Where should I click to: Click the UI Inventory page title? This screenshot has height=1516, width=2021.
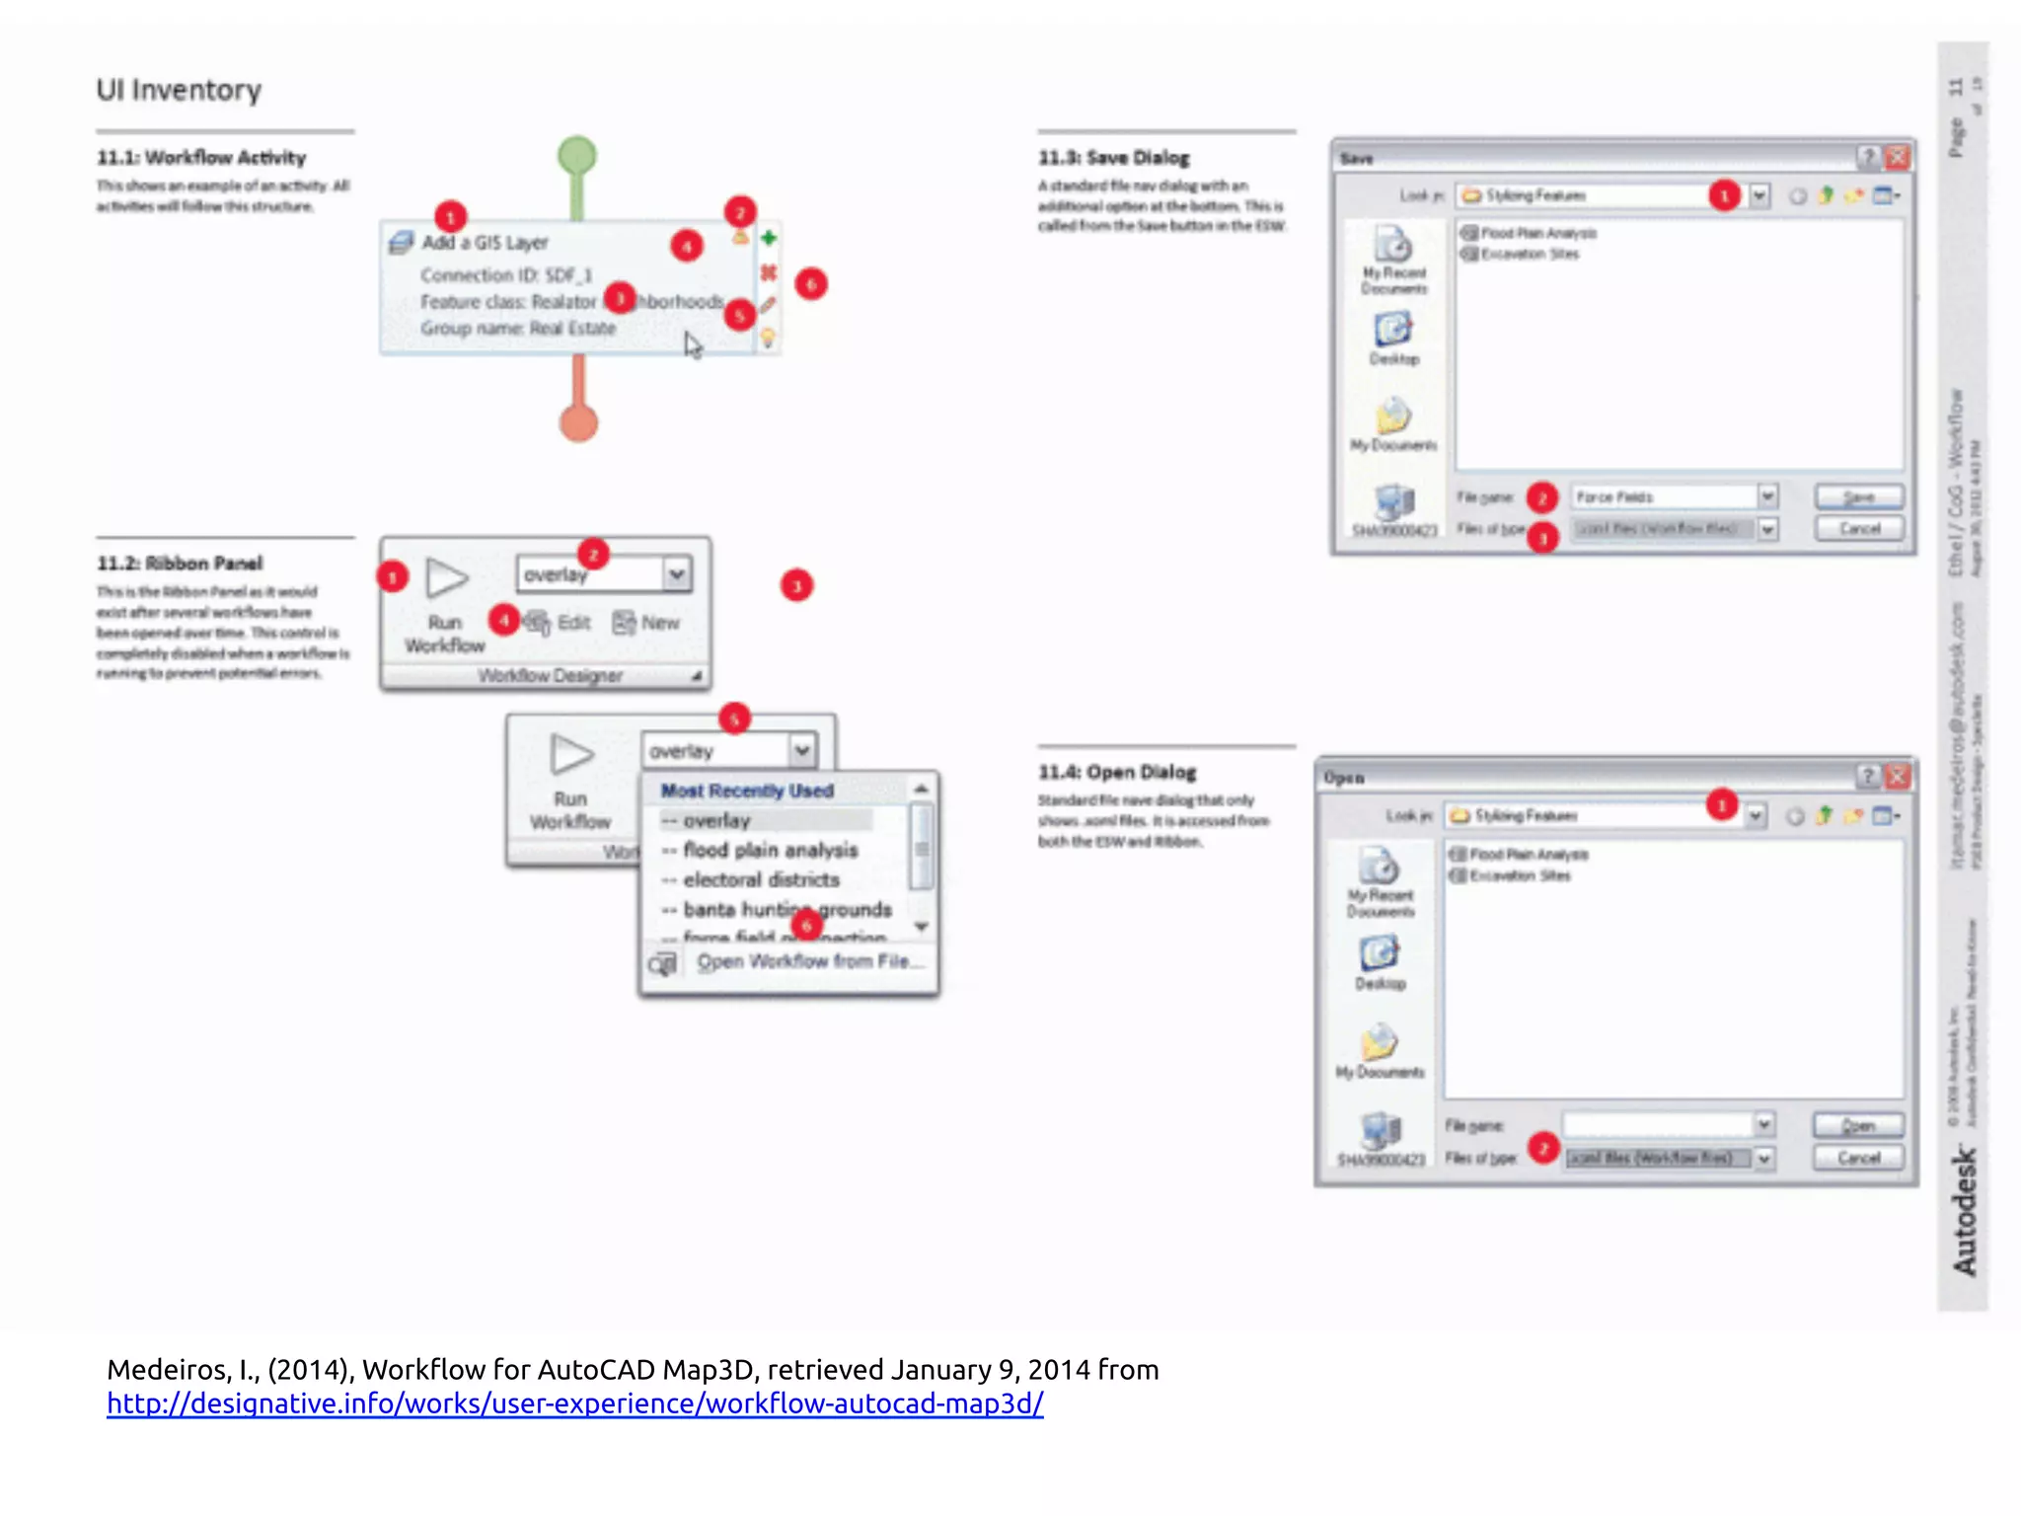[x=179, y=90]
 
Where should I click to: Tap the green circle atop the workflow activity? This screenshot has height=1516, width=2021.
[x=577, y=155]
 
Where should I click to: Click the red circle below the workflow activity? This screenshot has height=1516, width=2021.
[x=579, y=423]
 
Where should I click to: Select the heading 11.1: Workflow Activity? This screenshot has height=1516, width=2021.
[x=201, y=158]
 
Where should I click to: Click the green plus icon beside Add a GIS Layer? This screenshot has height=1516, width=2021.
[x=769, y=238]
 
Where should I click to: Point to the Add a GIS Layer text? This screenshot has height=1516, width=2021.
[x=485, y=243]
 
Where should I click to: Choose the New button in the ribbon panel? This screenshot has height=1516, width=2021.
[x=647, y=623]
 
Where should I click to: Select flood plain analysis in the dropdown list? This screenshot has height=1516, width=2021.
[x=770, y=850]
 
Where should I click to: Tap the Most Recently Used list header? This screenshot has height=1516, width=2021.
[x=747, y=791]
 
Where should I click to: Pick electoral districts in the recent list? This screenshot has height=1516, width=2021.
[x=761, y=879]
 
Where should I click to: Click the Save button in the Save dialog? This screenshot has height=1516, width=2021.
[x=1859, y=496]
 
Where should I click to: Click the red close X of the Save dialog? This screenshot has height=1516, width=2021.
[x=1897, y=157]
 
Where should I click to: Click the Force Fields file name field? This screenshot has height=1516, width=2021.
[x=1662, y=496]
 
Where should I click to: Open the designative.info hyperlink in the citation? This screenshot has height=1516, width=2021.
[x=575, y=1403]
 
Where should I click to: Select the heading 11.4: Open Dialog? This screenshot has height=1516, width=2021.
[x=1117, y=772]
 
